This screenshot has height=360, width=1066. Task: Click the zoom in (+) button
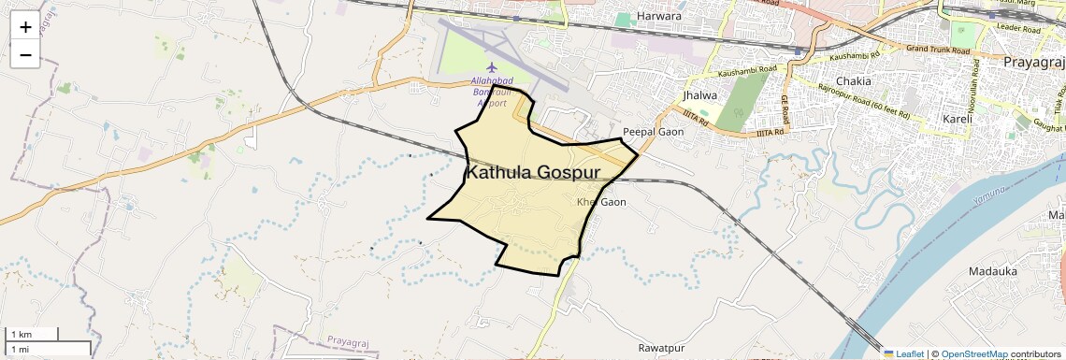click(x=25, y=27)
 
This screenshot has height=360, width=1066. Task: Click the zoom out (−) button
click(x=25, y=55)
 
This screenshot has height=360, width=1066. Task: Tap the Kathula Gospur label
click(x=533, y=173)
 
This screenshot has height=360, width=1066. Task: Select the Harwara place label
click(x=658, y=16)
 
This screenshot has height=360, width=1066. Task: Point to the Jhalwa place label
click(x=700, y=95)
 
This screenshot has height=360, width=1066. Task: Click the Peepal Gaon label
click(x=654, y=132)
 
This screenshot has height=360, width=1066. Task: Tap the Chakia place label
click(x=854, y=81)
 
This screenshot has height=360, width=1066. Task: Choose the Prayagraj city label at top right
click(x=1033, y=62)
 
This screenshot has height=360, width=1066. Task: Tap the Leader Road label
click(x=1018, y=30)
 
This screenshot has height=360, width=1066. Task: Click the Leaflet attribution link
click(x=903, y=353)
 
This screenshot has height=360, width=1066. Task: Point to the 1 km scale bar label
click(x=21, y=334)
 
